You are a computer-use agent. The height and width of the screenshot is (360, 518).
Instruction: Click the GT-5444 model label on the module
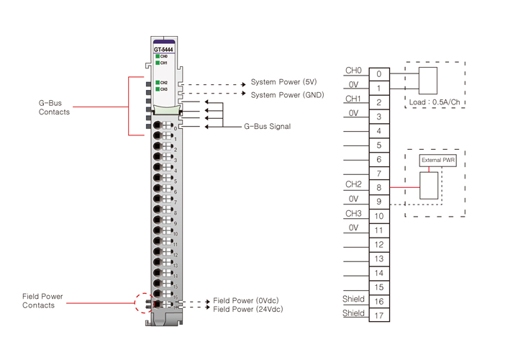point(163,50)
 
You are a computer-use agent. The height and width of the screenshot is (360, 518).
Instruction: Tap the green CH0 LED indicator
point(158,56)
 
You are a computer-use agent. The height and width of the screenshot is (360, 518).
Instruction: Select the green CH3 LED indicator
point(158,89)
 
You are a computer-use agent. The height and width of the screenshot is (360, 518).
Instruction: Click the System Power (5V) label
point(283,82)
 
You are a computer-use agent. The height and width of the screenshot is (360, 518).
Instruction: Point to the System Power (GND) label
point(287,94)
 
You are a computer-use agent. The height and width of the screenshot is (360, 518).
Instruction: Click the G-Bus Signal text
point(267,127)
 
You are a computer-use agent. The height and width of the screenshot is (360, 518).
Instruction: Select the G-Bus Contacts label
point(55,107)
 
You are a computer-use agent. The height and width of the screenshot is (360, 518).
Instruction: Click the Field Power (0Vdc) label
point(247,300)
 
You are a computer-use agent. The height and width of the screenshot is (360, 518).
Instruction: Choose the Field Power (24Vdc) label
point(248,309)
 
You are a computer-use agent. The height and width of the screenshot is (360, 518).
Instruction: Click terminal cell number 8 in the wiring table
point(379,188)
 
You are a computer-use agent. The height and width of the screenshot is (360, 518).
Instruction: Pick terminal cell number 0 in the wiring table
point(379,73)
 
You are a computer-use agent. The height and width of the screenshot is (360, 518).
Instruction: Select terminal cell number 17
point(379,315)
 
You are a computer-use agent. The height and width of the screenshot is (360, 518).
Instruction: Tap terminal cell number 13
point(379,258)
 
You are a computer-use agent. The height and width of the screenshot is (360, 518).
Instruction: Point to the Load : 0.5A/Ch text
point(433,102)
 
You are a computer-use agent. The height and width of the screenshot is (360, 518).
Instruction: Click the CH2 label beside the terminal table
point(353,184)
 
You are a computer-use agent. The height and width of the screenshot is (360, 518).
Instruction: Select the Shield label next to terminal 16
point(353,299)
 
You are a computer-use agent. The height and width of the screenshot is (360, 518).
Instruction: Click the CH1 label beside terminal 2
point(353,99)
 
